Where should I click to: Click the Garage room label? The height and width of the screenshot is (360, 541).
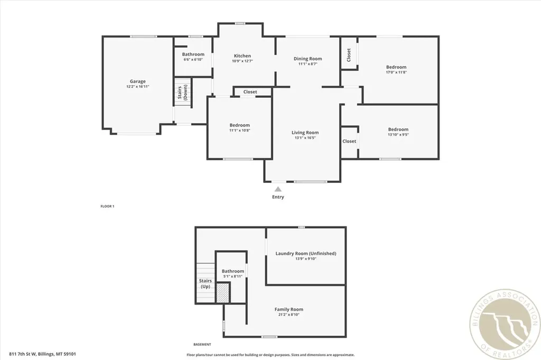(x=138, y=81)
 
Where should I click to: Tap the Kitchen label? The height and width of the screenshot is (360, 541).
(x=242, y=56)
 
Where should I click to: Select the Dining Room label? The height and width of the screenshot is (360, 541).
(x=308, y=59)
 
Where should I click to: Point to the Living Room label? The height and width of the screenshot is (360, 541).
(x=305, y=133)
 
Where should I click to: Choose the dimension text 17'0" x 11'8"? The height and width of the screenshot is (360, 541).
(x=396, y=73)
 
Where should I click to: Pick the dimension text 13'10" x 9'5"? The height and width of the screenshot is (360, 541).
(x=398, y=135)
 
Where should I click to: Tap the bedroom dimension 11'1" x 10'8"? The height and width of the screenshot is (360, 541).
(x=239, y=131)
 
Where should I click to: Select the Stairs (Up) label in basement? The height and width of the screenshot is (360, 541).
(x=205, y=284)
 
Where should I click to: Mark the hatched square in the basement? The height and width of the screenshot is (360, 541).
(x=222, y=292)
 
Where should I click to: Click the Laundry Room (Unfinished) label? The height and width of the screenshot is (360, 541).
(x=306, y=254)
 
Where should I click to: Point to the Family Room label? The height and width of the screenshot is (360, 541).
(x=289, y=309)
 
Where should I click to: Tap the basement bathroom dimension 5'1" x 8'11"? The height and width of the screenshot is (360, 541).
(x=232, y=276)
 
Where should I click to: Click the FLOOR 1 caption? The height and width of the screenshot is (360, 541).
(x=107, y=206)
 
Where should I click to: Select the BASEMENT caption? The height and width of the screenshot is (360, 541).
(x=202, y=344)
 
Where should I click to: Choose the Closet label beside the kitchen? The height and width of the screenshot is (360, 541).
(x=250, y=92)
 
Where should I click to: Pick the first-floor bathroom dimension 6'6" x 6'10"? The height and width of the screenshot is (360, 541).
(x=193, y=59)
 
